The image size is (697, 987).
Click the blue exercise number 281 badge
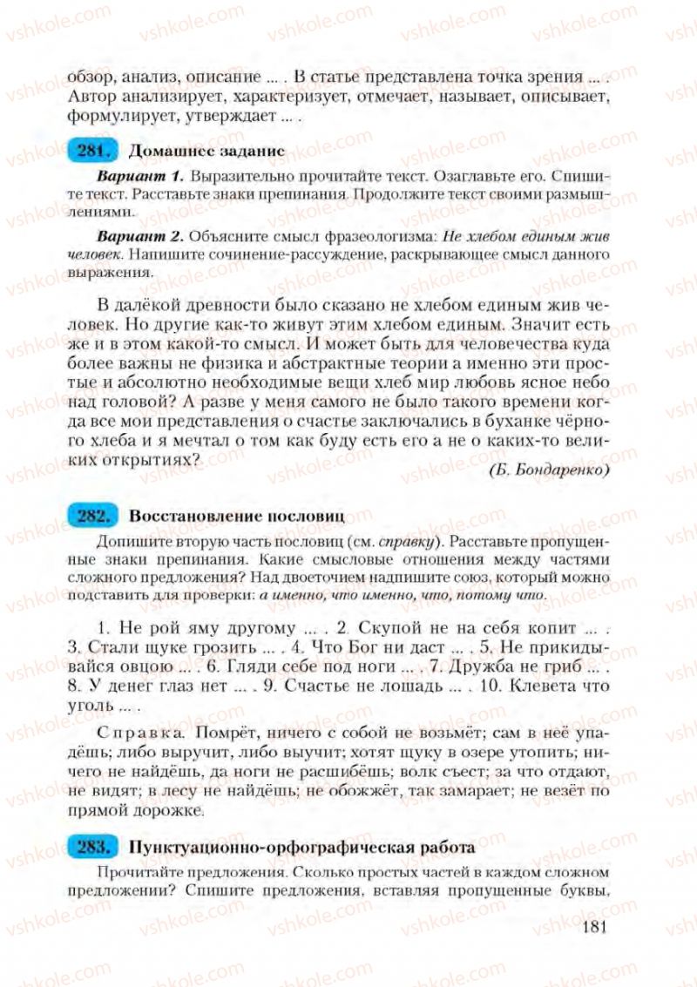click(91, 150)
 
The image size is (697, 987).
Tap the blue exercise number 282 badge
click(91, 516)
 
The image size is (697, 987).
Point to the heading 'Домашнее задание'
click(206, 150)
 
